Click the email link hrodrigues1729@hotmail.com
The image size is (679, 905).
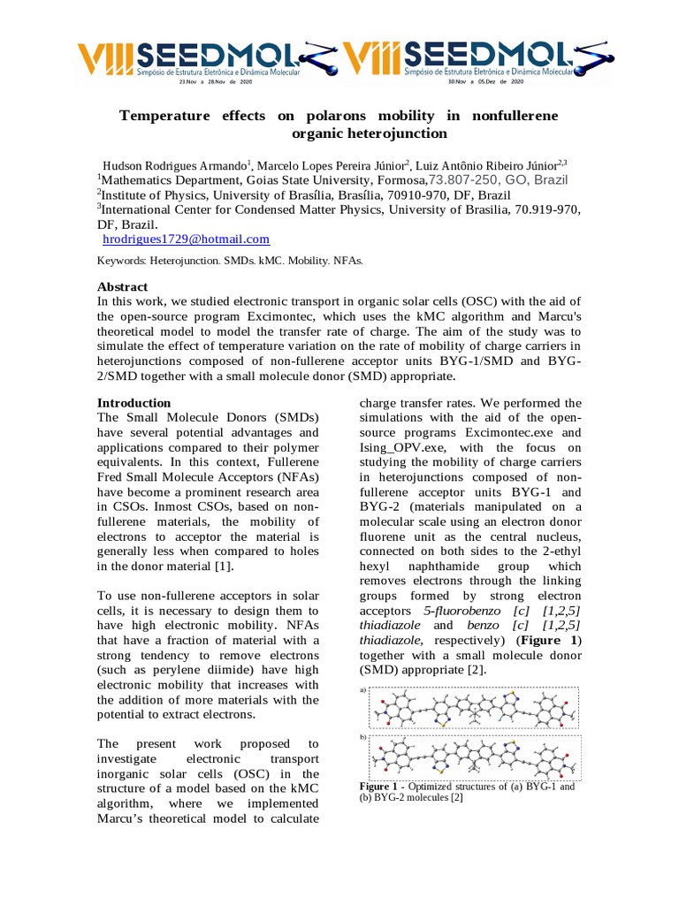(186, 240)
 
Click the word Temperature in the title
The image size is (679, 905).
(165, 116)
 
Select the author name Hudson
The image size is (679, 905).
(126, 165)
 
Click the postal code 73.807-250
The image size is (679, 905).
(462, 179)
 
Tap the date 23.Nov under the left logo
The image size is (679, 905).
(188, 81)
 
